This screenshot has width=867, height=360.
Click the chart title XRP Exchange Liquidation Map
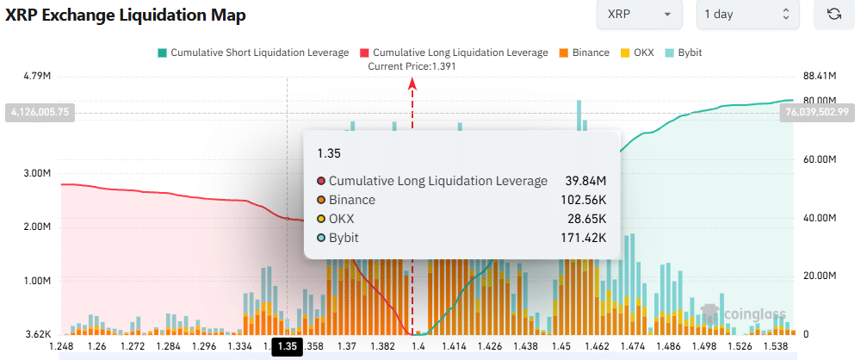point(127,15)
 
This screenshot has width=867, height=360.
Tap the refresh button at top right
point(833,15)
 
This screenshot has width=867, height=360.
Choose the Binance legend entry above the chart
point(585,53)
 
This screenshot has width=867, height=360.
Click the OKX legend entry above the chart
point(636,53)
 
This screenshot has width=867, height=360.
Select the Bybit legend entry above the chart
point(685,53)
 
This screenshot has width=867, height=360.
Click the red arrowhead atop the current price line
point(412,83)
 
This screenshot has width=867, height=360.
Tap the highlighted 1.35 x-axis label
point(287,346)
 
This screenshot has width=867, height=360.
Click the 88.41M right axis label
point(820,77)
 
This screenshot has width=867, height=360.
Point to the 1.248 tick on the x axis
point(62,346)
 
